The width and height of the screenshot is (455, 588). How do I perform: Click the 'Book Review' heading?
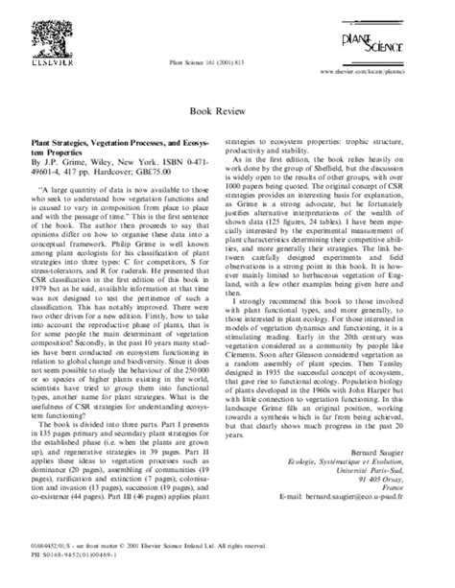click(x=227, y=111)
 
